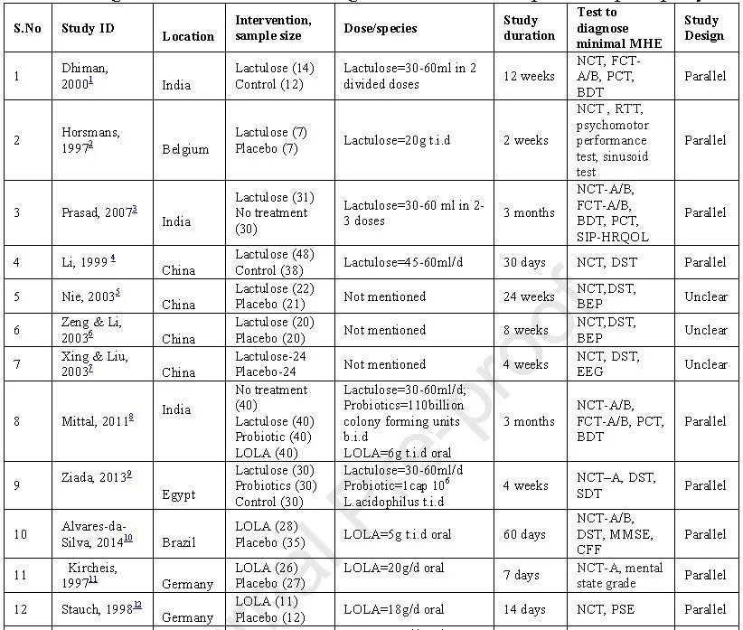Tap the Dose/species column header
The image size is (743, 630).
(x=381, y=28)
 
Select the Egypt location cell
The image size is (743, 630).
(x=179, y=494)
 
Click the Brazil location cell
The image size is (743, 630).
(x=181, y=542)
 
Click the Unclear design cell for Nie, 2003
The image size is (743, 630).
(x=705, y=296)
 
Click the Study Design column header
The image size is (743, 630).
(x=704, y=28)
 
